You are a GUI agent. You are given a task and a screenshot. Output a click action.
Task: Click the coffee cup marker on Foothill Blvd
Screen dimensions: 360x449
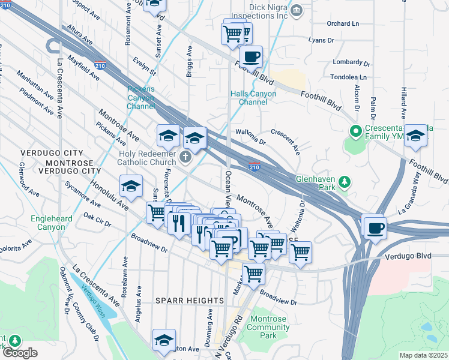click(x=251, y=57)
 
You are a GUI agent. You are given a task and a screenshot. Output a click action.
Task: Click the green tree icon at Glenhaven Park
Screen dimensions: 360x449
click(x=344, y=180)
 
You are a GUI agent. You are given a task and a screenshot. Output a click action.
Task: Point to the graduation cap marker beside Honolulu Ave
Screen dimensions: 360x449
click(x=131, y=187)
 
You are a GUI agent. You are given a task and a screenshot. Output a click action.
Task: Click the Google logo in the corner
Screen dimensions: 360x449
click(x=19, y=353)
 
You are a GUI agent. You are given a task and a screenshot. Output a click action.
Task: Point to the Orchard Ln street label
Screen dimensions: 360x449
click(x=343, y=24)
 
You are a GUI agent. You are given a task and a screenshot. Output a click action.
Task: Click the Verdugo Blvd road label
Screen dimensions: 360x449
click(x=407, y=256)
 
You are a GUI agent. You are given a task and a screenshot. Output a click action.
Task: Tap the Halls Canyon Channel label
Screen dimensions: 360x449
click(x=254, y=98)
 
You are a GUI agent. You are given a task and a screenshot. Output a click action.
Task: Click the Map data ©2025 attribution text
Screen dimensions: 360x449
click(x=423, y=355)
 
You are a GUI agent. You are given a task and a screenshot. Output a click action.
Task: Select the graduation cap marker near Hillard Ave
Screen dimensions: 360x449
click(x=415, y=137)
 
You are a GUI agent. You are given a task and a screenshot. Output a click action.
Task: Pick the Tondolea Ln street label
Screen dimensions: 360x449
click(x=348, y=77)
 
